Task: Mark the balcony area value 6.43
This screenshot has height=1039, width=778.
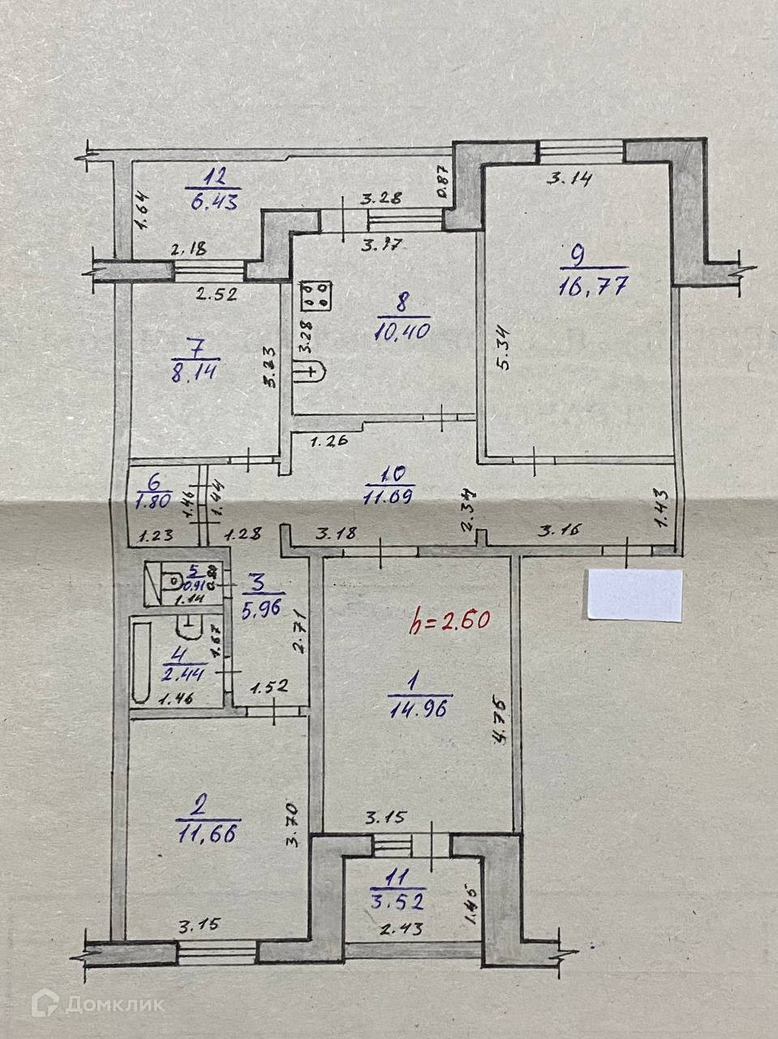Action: coord(210,200)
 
